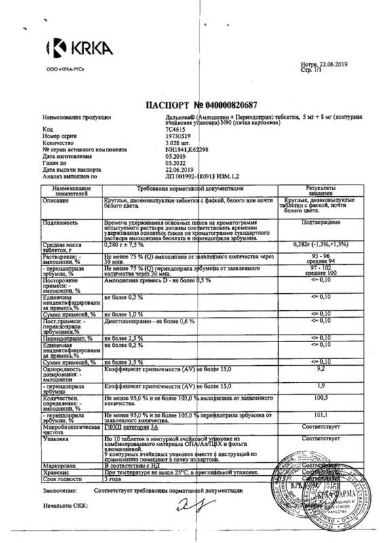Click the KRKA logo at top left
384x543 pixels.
pyautogui.click(x=71, y=48)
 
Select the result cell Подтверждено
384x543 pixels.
pyautogui.click(x=314, y=221)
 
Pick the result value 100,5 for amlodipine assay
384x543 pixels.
pyautogui.click(x=314, y=398)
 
